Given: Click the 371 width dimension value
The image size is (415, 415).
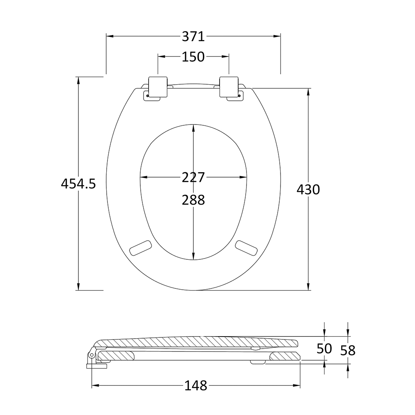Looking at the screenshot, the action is tap(193, 37).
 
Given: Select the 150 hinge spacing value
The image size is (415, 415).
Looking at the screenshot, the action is tap(193, 56).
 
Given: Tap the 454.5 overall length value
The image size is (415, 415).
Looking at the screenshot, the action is tap(78, 183).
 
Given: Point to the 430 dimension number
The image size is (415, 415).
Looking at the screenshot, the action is tap(308, 190).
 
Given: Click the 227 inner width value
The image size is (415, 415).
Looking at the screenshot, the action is tap(193, 177).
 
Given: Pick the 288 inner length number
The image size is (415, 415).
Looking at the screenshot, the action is tap(193, 200).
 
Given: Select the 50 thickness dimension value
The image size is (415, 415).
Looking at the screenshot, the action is tap(324, 349).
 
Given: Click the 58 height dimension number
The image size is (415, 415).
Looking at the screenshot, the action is tap(348, 350).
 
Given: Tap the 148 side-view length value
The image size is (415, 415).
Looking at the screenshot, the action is tap(196, 386).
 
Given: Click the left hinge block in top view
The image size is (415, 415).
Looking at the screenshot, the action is tap(158, 87).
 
